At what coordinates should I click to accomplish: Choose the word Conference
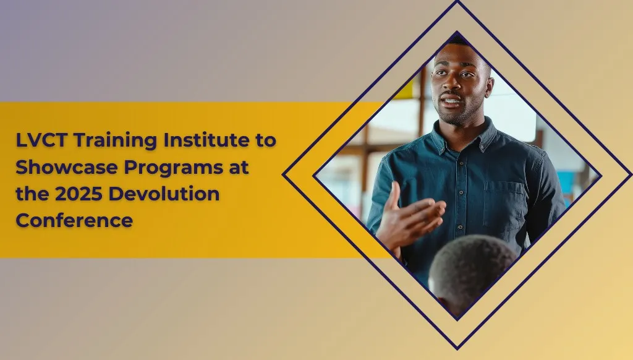(x=74, y=220)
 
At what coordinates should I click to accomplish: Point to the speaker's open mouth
(x=451, y=100)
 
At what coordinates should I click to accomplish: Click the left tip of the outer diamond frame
(x=284, y=174)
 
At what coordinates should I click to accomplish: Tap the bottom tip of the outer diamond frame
(x=457, y=347)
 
